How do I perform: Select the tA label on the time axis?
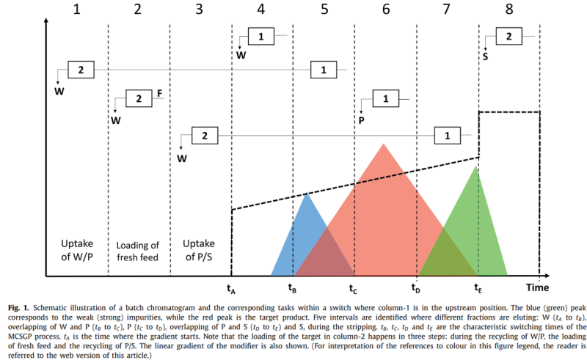pyautogui.click(x=231, y=287)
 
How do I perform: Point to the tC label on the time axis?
pyautogui.click(x=354, y=287)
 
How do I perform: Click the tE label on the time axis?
pyautogui.click(x=478, y=287)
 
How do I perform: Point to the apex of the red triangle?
pyautogui.click(x=383, y=144)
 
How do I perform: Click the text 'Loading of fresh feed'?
pyautogui.click(x=139, y=250)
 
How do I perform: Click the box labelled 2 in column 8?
pyautogui.click(x=509, y=36)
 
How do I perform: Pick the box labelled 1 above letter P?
pyautogui.click(x=386, y=99)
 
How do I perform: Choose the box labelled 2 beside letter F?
pyautogui.click(x=139, y=99)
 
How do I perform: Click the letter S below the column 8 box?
pyautogui.click(x=486, y=54)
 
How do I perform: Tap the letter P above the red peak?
pyautogui.click(x=361, y=117)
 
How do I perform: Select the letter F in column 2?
pyautogui.click(x=159, y=94)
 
